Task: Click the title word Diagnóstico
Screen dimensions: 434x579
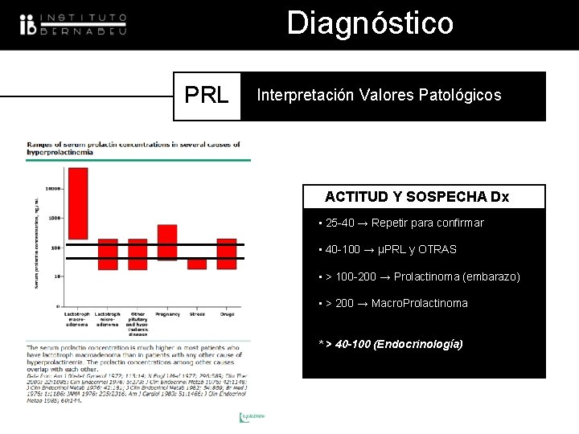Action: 370,23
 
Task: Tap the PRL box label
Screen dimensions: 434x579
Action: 207,96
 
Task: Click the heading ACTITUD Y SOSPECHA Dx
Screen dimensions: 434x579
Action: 417,197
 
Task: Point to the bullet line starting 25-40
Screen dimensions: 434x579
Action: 402,223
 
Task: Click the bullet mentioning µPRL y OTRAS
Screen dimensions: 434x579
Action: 388,250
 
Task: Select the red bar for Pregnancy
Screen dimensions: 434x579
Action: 167,242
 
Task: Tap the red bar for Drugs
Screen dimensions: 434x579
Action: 227,253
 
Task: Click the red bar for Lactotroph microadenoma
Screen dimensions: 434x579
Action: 108,253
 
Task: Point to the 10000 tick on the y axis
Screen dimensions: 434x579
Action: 53,189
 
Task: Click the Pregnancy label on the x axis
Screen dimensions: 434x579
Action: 167,314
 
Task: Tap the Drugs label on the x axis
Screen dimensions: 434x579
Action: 227,314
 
